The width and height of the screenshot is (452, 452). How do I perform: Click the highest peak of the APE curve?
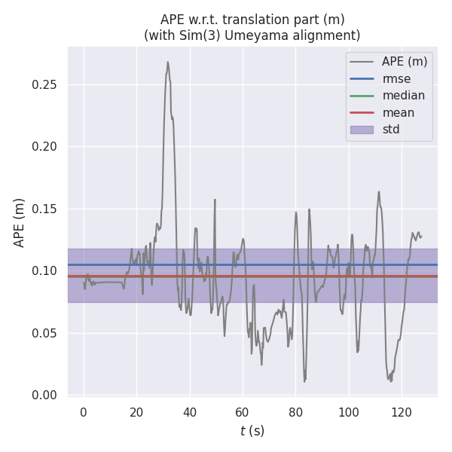pos(168,63)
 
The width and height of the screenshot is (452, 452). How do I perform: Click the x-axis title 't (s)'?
pos(252,431)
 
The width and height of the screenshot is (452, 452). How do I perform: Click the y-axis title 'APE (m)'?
pos(20,222)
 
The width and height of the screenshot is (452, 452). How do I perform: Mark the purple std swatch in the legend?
pos(362,130)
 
